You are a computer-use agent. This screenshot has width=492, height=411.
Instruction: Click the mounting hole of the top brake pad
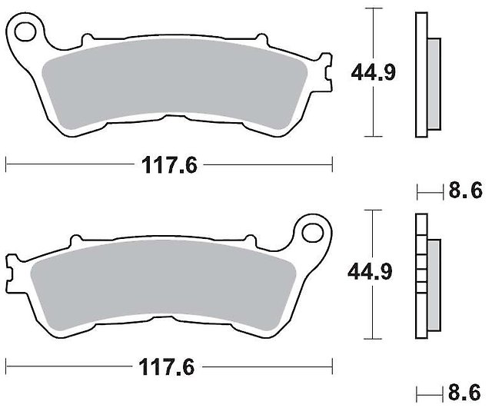coord(25,31)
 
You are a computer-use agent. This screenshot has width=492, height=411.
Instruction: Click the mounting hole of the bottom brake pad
coord(313,232)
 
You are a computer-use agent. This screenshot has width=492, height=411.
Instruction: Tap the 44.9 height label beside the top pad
coord(374,73)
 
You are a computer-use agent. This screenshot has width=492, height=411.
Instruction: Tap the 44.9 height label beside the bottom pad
coord(370,271)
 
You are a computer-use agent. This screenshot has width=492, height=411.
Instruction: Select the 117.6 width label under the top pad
coord(169,165)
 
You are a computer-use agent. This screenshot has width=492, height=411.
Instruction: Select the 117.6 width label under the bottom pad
coord(167,366)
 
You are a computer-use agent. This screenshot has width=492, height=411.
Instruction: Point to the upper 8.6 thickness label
coord(465,191)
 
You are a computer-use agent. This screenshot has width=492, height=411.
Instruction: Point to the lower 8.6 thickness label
coord(464,392)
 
